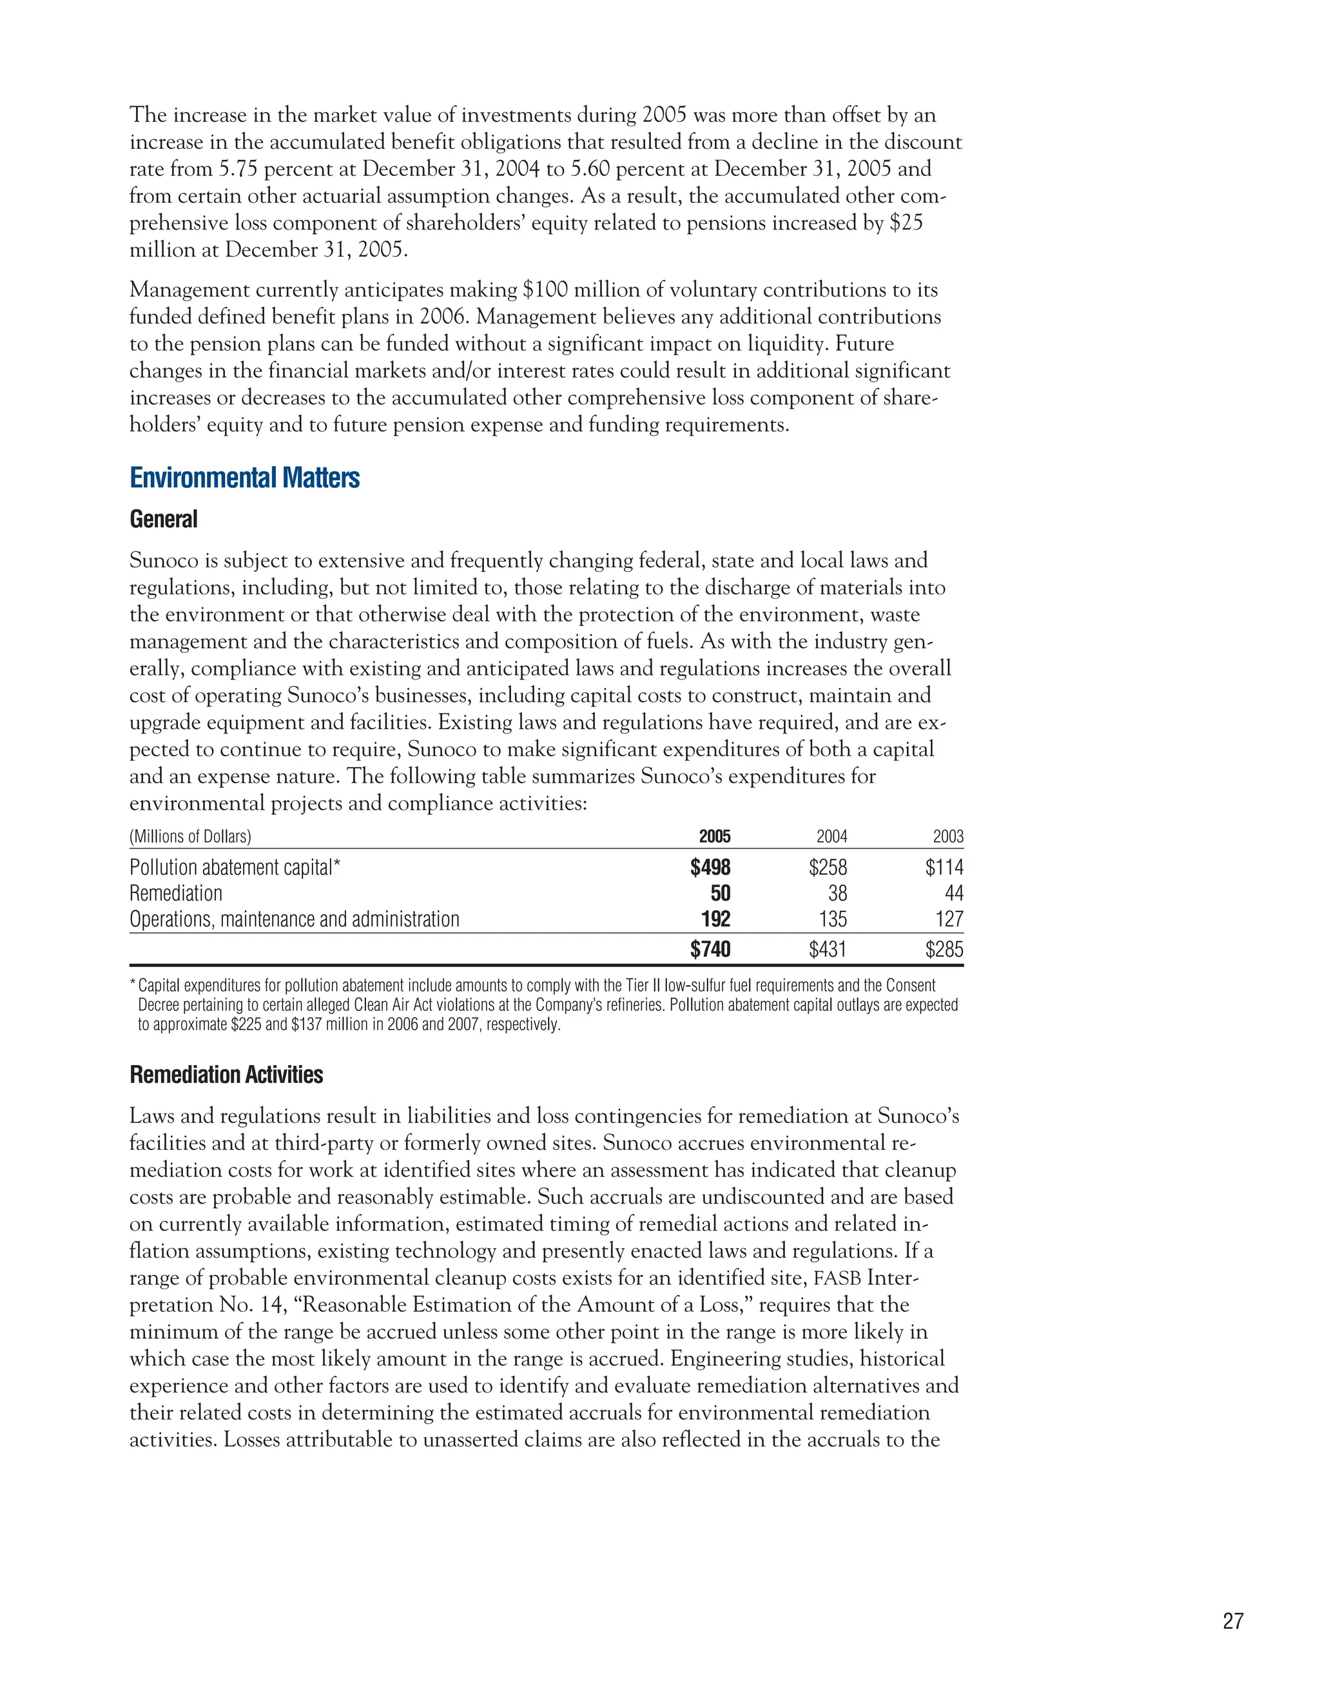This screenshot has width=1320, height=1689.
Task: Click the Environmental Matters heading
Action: pos(244,478)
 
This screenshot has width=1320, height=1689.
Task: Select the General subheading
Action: pos(163,519)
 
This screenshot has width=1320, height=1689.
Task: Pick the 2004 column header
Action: pos(831,836)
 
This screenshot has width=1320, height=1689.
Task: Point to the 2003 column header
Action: pos(948,836)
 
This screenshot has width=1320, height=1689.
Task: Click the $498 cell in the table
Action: pos(710,868)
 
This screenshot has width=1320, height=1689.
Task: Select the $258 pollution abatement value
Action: pos(828,868)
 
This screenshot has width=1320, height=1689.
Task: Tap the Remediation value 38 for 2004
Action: pos(837,893)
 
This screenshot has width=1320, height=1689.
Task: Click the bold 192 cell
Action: pos(715,919)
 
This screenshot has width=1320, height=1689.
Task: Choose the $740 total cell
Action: pos(710,949)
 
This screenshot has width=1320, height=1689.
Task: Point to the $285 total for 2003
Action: pos(944,949)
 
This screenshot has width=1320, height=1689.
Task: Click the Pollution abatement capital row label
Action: pos(235,868)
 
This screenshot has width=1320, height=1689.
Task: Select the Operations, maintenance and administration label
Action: pos(294,919)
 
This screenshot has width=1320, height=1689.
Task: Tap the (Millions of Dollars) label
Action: pos(190,836)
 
